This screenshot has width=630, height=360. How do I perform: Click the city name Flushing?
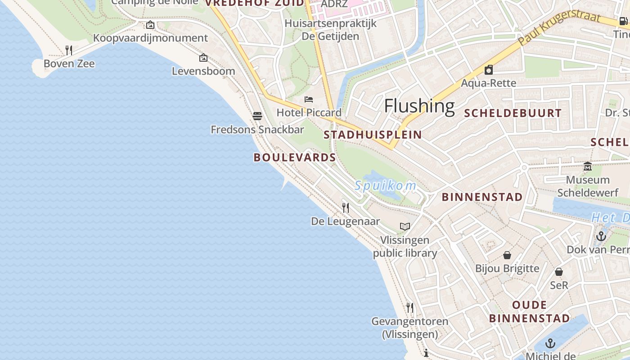419,106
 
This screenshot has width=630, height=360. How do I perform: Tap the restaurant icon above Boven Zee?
69,50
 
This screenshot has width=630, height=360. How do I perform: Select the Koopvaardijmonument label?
150,38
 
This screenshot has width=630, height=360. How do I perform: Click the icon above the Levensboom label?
203,58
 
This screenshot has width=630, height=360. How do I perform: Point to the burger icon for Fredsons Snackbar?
257,116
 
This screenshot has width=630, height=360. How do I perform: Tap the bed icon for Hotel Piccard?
309,99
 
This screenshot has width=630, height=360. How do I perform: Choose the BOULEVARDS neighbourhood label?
295,157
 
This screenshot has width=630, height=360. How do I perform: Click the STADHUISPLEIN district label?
373,135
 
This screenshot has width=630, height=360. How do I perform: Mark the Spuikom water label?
385,185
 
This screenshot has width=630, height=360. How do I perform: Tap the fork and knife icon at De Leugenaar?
346,207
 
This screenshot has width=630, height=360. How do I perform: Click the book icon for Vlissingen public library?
405,226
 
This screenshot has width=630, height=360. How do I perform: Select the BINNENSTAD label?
482,197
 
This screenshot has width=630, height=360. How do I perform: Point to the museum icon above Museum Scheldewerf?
588,166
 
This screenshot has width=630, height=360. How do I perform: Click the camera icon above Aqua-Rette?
489,70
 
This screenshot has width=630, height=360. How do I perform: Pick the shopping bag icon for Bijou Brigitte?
507,255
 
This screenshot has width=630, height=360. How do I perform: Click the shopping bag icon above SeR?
559,272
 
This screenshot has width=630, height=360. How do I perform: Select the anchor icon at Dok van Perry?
601,236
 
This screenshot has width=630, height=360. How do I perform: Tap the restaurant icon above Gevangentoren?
410,308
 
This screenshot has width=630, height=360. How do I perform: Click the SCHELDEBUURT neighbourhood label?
513,113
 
